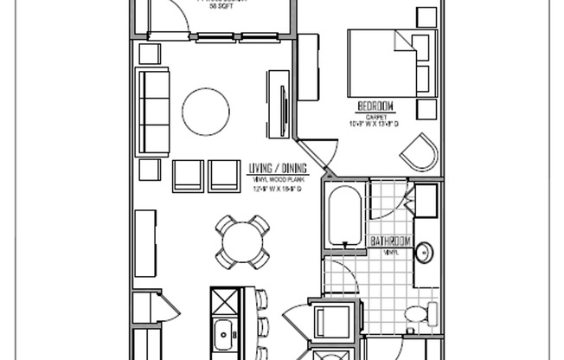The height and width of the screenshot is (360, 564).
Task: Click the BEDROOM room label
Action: [375, 106]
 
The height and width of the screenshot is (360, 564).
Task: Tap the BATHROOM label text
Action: [389, 241]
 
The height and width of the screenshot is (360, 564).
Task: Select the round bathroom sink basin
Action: [425, 253]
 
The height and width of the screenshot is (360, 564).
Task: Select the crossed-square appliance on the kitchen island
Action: [224, 304]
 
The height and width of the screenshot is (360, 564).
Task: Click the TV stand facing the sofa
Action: [279, 104]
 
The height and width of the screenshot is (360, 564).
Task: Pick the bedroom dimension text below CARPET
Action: [375, 125]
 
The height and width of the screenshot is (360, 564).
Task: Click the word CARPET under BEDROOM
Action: [375, 116]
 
